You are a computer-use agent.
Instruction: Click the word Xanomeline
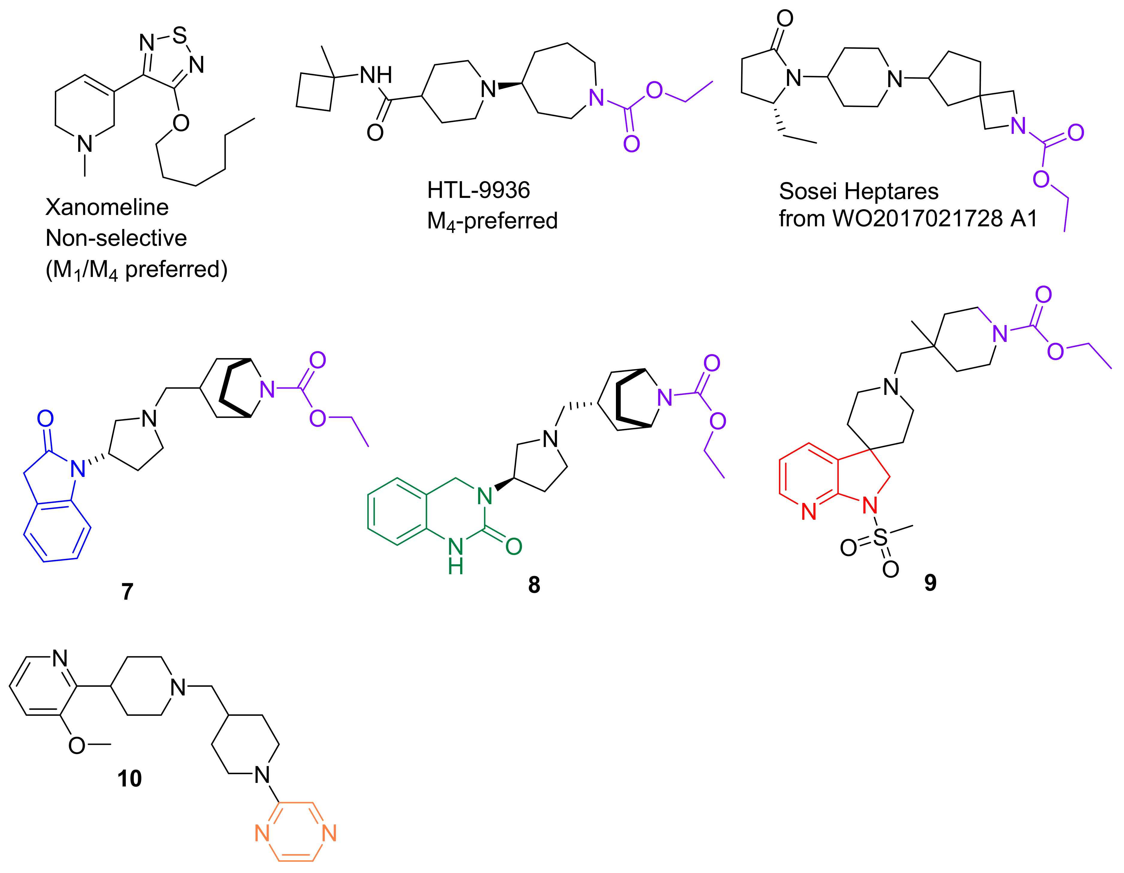click(107, 207)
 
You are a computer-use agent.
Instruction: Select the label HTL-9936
click(478, 190)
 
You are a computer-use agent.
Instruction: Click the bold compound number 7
click(127, 592)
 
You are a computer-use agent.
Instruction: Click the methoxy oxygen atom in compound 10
click(77, 745)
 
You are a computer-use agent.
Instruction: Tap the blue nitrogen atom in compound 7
click(78, 469)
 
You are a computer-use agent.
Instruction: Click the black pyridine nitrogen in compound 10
click(60, 658)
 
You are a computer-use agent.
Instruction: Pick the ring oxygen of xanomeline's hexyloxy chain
click(181, 123)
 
